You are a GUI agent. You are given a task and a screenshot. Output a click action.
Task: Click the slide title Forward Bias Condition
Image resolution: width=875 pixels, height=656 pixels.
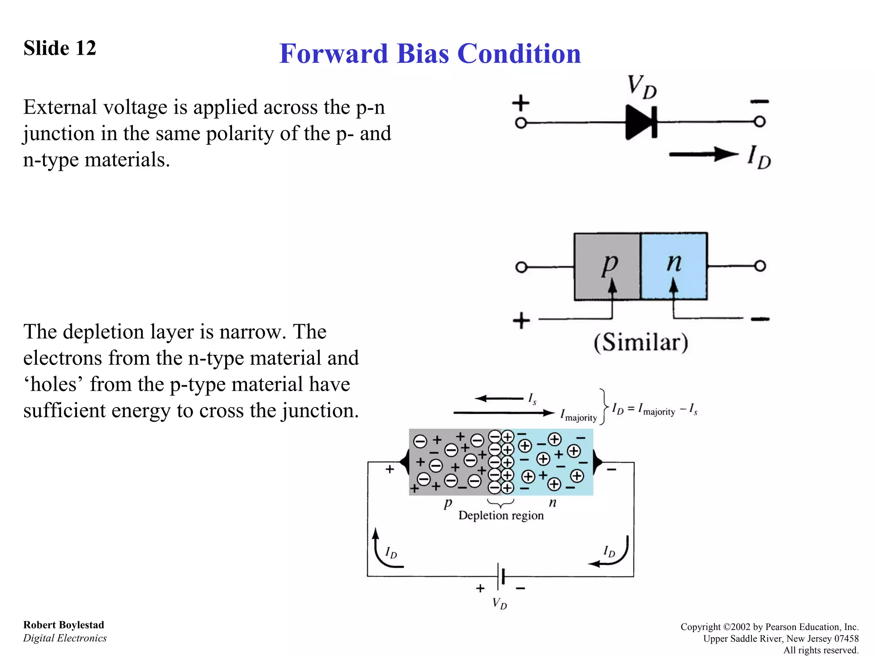point(430,54)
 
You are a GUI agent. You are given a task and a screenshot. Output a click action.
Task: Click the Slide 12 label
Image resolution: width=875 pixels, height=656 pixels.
point(60,48)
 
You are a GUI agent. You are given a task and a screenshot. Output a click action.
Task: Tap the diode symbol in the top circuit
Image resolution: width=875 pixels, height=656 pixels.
point(640,123)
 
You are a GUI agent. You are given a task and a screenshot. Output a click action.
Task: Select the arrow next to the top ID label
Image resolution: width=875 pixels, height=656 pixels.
point(703,154)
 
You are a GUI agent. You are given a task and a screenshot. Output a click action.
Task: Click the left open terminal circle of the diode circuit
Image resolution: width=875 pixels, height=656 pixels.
point(521,123)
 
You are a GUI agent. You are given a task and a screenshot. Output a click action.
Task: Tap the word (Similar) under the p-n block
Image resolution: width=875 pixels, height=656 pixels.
point(641,342)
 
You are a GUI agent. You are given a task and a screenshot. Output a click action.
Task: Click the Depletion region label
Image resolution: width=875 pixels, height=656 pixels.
point(501,515)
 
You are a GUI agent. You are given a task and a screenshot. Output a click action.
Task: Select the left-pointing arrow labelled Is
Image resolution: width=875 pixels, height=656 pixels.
point(499,398)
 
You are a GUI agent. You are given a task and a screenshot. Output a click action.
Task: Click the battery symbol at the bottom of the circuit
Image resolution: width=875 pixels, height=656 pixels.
point(501,576)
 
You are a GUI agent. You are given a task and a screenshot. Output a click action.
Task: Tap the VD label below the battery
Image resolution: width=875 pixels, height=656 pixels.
point(499,603)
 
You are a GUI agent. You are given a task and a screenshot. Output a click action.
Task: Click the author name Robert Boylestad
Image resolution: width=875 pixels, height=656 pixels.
point(64,625)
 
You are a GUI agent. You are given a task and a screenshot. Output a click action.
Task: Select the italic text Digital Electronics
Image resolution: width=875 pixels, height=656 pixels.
point(65,638)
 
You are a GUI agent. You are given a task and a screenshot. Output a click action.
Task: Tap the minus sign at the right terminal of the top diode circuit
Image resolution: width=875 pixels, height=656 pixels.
point(760,102)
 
